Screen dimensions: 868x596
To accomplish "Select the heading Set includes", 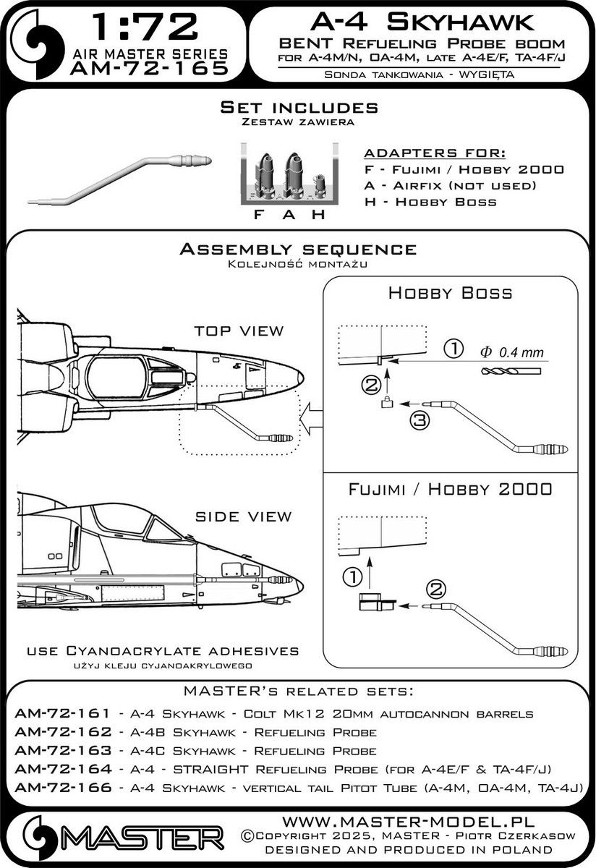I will click(x=298, y=108).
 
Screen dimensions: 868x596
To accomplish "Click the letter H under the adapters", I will click(x=315, y=215).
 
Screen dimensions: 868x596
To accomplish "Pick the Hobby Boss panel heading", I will click(x=451, y=293).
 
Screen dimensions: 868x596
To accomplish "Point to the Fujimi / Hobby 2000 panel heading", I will click(x=450, y=489).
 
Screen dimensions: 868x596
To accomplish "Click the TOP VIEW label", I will click(x=239, y=331).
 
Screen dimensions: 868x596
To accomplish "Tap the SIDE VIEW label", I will click(x=243, y=516).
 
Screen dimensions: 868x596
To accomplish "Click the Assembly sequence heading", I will click(x=297, y=250).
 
